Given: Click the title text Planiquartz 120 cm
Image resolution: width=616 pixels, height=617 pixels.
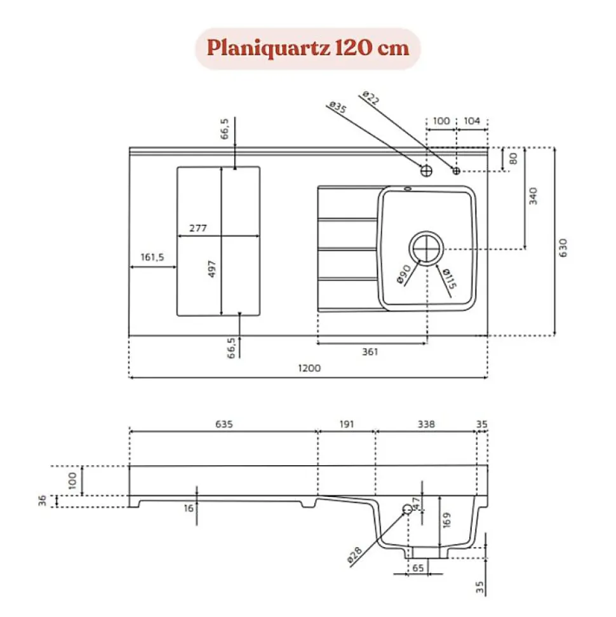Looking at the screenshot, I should [307, 48].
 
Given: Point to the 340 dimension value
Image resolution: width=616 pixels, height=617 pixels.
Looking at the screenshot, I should [533, 196].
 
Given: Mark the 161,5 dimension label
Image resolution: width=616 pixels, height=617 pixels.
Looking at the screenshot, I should [152, 257].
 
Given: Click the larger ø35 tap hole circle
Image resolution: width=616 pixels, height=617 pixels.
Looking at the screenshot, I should [426, 170].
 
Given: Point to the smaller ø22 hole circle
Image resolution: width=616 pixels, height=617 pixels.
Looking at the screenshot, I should [456, 170].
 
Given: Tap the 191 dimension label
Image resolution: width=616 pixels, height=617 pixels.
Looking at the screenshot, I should [346, 424].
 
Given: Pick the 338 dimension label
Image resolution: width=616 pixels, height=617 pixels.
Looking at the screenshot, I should [426, 424].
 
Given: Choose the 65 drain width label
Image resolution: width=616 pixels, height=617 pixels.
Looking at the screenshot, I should [417, 568].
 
